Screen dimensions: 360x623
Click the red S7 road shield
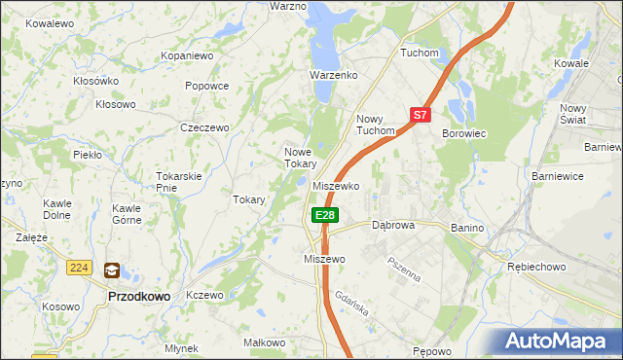(420, 114)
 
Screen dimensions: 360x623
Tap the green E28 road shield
(325, 215)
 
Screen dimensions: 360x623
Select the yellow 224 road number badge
(80, 267)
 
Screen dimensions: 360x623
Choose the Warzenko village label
(334, 75)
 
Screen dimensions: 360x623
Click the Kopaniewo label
(187, 56)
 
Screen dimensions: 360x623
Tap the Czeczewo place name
(204, 127)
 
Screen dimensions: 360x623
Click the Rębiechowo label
(536, 266)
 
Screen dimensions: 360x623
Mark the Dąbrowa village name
(393, 225)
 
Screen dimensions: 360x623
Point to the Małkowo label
(264, 342)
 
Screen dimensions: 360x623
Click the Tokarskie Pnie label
(178, 181)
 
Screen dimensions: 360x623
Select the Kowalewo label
(50, 22)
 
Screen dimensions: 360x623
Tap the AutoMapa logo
(558, 342)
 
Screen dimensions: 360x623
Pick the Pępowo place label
(433, 350)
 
